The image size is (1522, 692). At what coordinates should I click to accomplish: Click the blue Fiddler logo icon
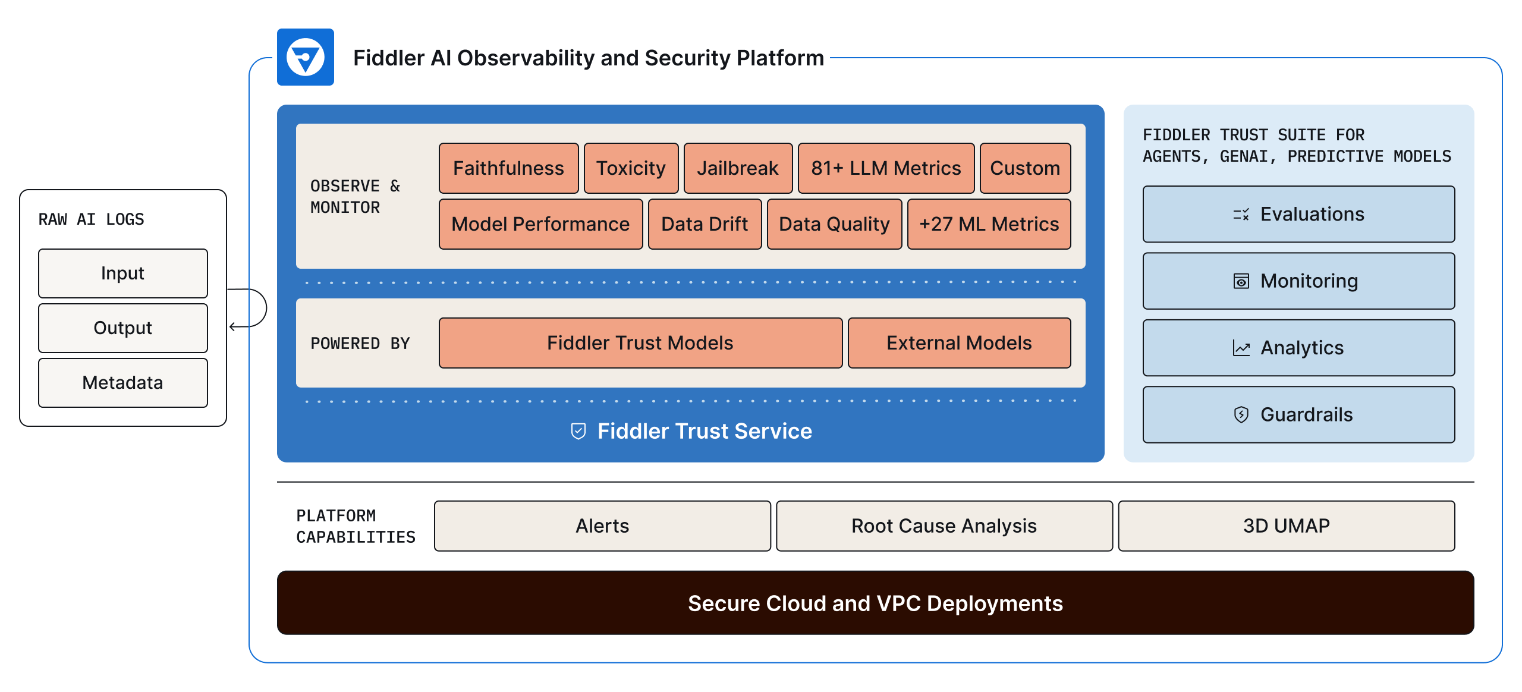pos(305,57)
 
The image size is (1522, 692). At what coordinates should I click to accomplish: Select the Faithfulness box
pos(508,168)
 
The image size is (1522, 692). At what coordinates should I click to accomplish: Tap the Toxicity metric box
pos(631,168)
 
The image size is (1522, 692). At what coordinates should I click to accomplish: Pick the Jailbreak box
pos(737,168)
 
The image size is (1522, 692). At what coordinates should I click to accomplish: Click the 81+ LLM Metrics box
pos(885,168)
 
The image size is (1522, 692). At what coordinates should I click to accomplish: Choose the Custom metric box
pos(1024,168)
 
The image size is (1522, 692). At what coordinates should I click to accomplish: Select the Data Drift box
pos(704,224)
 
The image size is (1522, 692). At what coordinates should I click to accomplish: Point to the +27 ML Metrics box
pos(988,224)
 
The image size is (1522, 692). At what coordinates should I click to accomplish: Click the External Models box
pos(958,343)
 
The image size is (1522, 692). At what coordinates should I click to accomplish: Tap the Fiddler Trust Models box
pos(640,343)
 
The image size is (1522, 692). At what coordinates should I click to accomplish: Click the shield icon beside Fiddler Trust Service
pos(578,431)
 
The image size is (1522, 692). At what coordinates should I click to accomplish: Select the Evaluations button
pos(1298,214)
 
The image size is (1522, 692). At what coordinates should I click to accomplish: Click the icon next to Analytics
pos(1241,348)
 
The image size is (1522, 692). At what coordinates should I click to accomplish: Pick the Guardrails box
pos(1298,414)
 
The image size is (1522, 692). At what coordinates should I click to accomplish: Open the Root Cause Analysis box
pos(944,526)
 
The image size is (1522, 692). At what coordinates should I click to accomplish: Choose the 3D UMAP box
pos(1286,526)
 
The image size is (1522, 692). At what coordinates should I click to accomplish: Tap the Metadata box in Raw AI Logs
pos(122,382)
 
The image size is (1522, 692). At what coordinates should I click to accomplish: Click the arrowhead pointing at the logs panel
pos(233,326)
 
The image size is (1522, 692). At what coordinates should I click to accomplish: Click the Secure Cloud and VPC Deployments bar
pos(875,603)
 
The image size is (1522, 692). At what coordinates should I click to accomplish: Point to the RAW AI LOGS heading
pos(91,219)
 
